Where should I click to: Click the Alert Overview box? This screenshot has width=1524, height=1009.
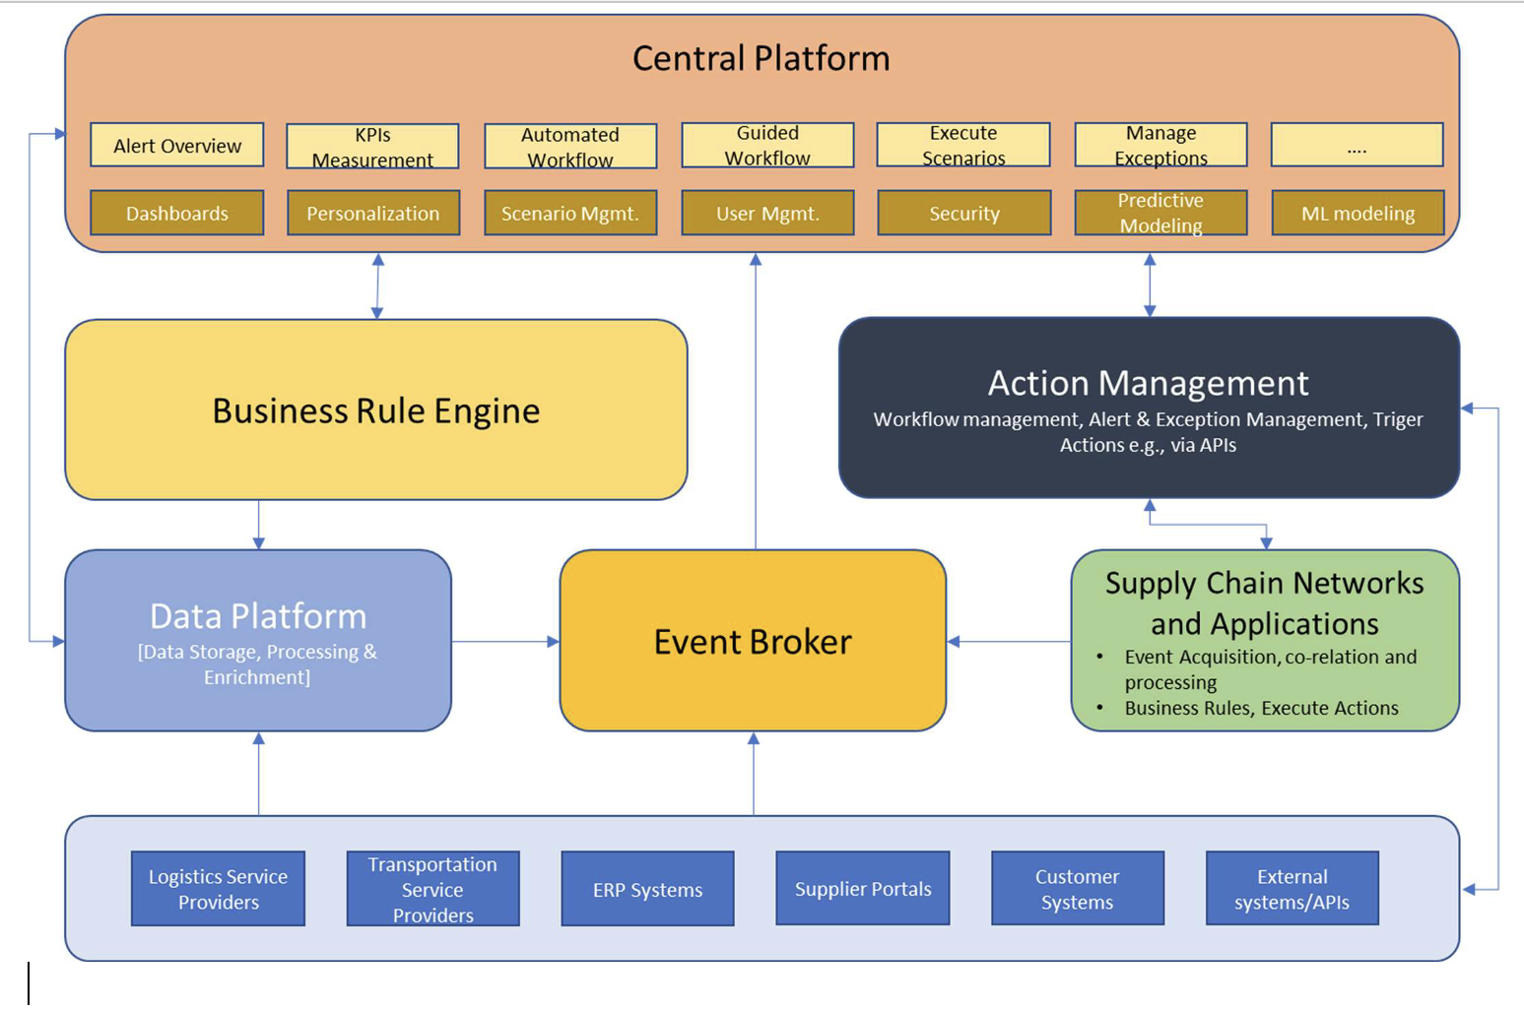click(177, 146)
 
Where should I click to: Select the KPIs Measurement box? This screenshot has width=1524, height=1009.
click(372, 147)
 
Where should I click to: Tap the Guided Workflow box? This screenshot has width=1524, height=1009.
click(767, 146)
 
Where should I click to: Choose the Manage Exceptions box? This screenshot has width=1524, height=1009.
click(1160, 146)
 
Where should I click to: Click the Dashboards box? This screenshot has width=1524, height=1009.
click(177, 213)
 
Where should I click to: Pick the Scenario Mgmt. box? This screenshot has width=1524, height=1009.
click(570, 213)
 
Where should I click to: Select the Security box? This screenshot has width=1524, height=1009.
click(963, 213)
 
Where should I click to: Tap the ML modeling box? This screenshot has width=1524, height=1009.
click(1358, 213)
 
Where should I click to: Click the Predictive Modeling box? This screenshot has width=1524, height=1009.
click(1160, 213)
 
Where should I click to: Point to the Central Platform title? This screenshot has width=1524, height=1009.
click(761, 58)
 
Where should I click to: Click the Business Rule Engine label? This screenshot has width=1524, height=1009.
click(375, 410)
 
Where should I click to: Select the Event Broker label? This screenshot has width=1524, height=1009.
click(753, 642)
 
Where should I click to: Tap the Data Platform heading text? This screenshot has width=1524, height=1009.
click(258, 616)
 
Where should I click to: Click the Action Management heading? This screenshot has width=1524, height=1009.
click(1148, 383)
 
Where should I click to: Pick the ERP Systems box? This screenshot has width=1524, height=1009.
click(647, 889)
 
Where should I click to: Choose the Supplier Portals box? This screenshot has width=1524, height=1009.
click(863, 889)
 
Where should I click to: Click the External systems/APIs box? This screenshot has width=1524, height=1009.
click(1292, 889)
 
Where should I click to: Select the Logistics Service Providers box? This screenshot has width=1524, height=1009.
click(218, 889)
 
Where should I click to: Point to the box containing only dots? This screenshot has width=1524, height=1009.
click(1357, 146)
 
